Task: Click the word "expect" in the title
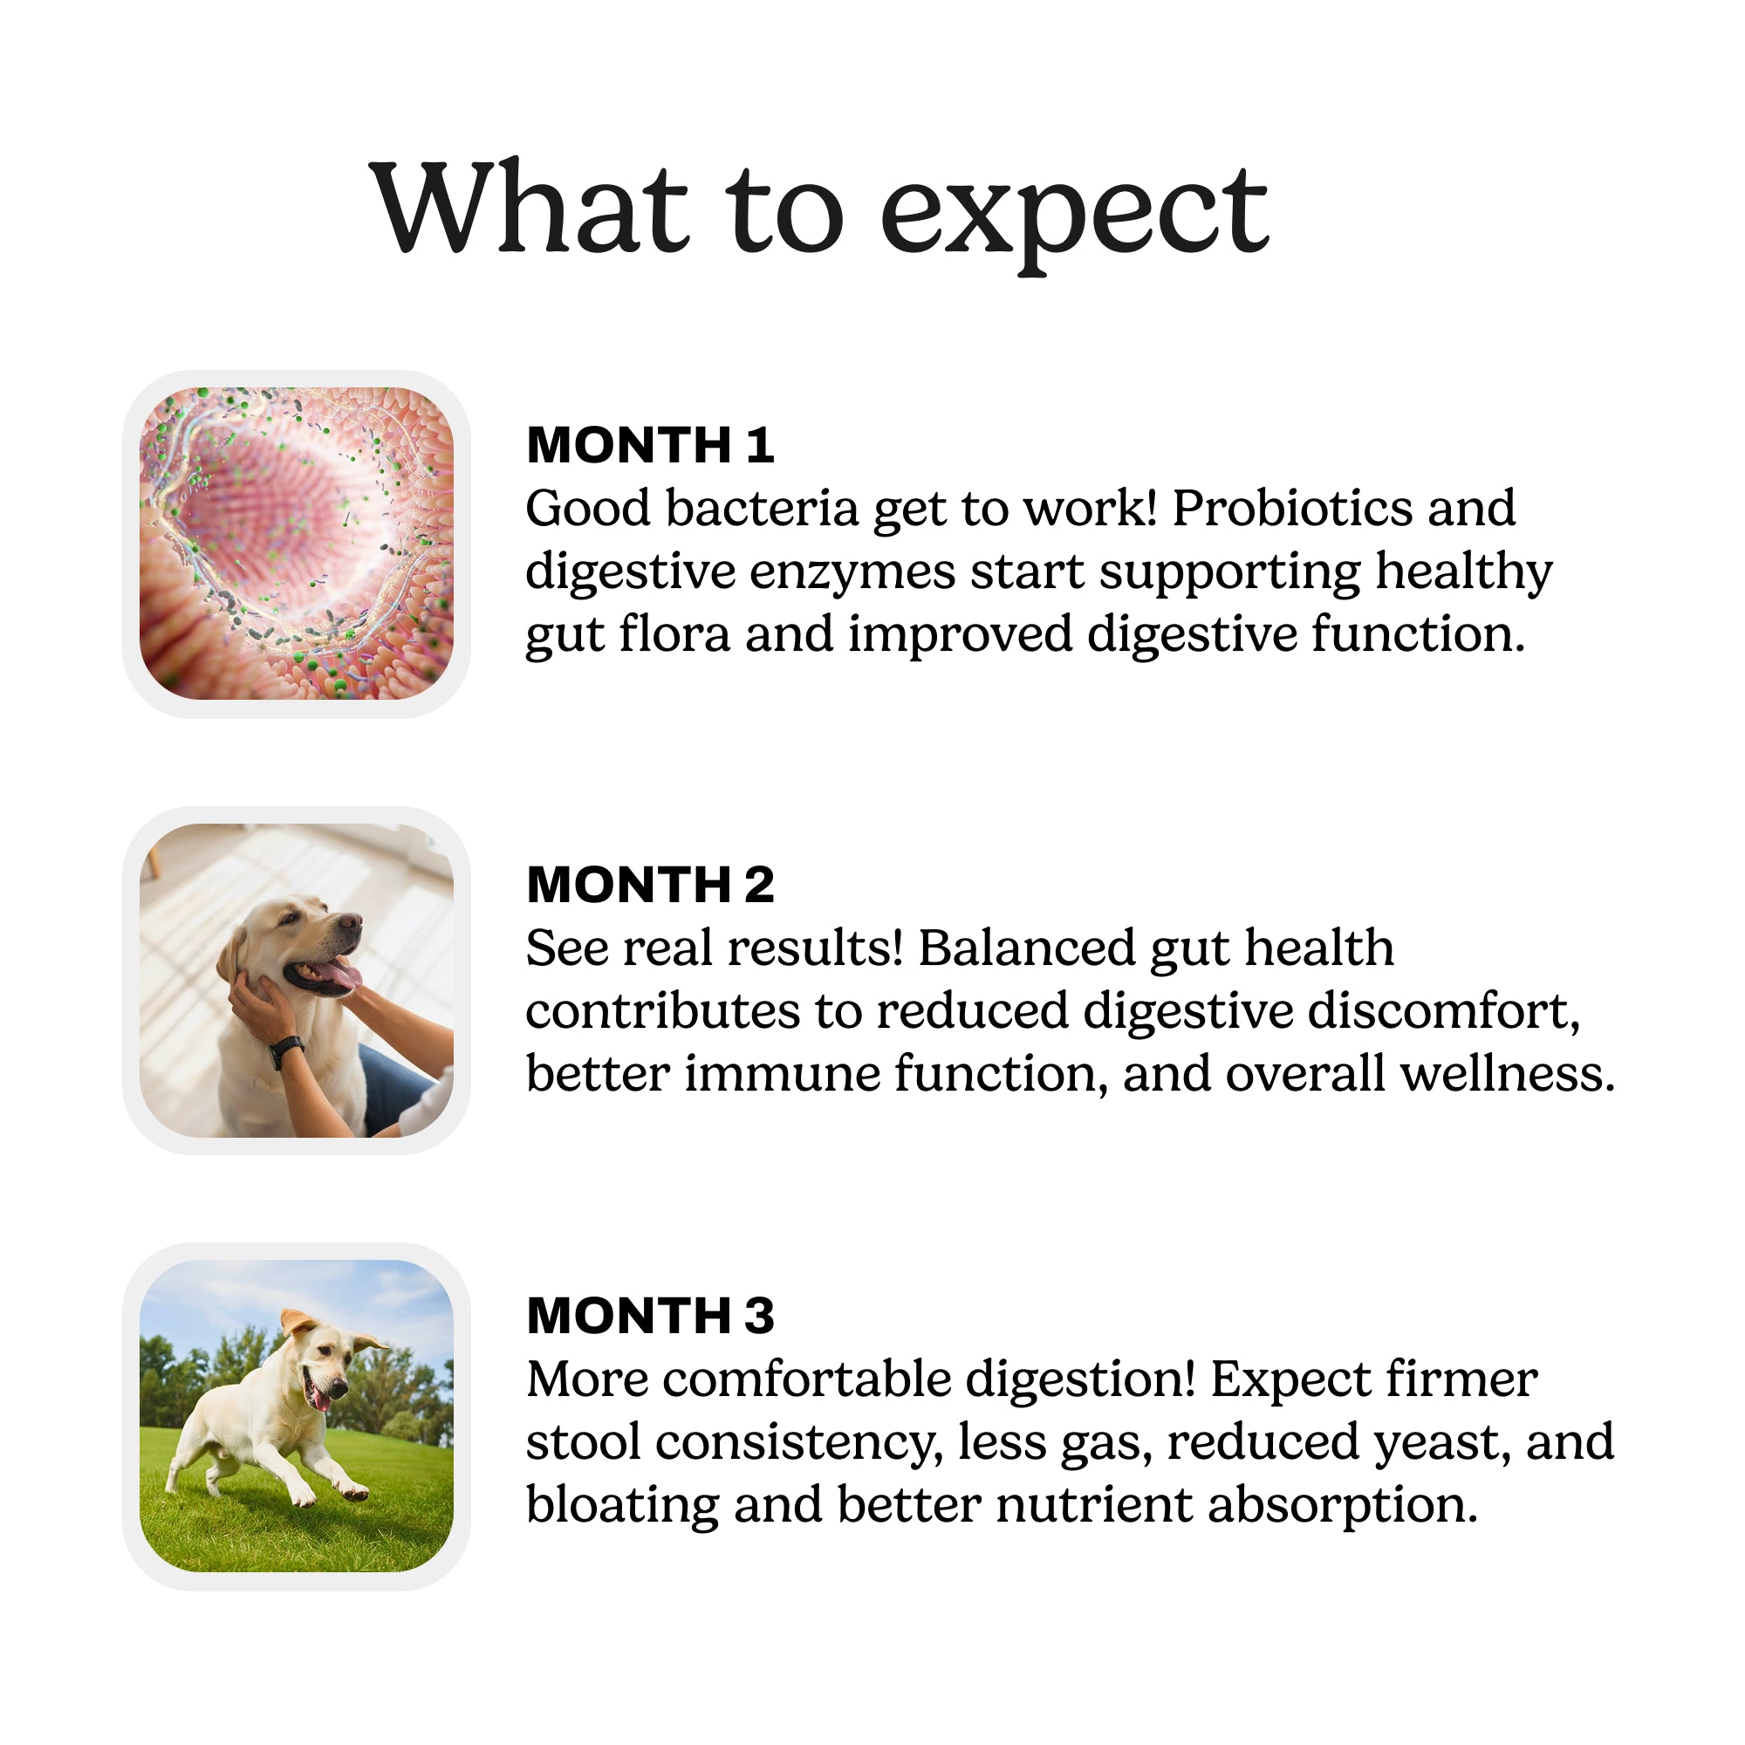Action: coord(1074,213)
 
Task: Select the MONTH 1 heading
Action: coord(650,445)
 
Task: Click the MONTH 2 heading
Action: coord(650,884)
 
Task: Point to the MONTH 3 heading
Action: coord(650,1315)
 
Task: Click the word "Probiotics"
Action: coord(1292,509)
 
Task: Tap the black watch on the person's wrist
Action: coord(286,1050)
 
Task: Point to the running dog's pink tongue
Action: coord(320,1400)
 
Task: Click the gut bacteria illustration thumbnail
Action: coord(297,544)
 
